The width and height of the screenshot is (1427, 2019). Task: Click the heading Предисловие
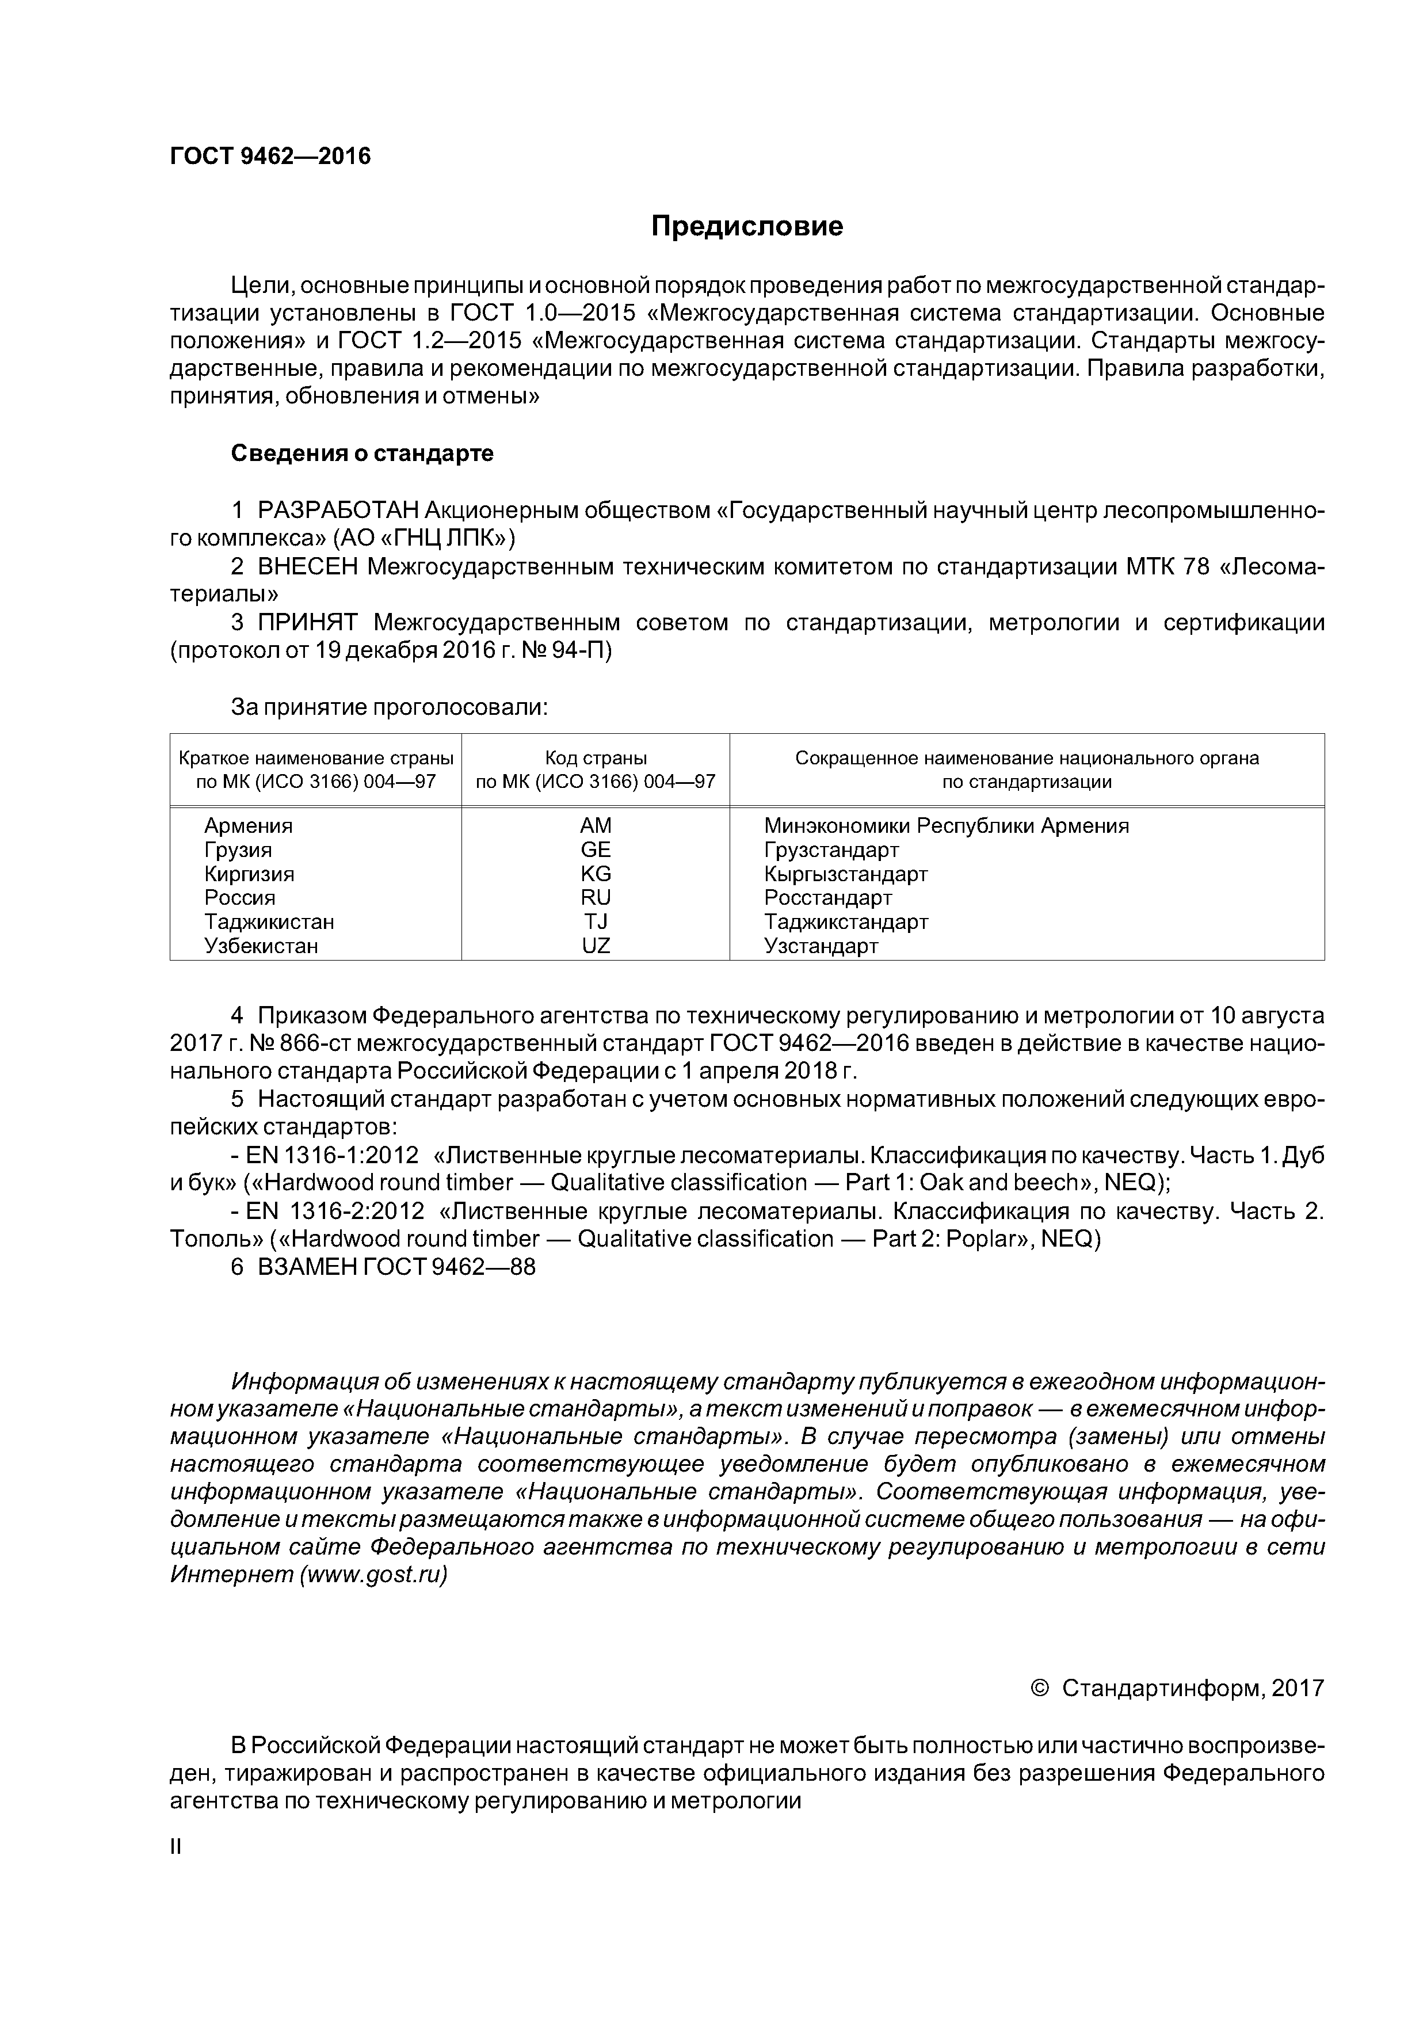(746, 227)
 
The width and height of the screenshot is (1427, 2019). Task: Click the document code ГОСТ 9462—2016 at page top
(270, 157)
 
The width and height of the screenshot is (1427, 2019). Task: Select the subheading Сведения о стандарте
(363, 454)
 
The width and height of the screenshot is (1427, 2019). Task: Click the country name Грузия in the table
(238, 850)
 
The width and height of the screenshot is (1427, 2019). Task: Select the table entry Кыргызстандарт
(846, 874)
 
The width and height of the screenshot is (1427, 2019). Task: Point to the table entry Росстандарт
(827, 898)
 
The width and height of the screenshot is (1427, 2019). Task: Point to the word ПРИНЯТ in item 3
(308, 623)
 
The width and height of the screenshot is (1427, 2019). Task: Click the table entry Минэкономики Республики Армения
(946, 826)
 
